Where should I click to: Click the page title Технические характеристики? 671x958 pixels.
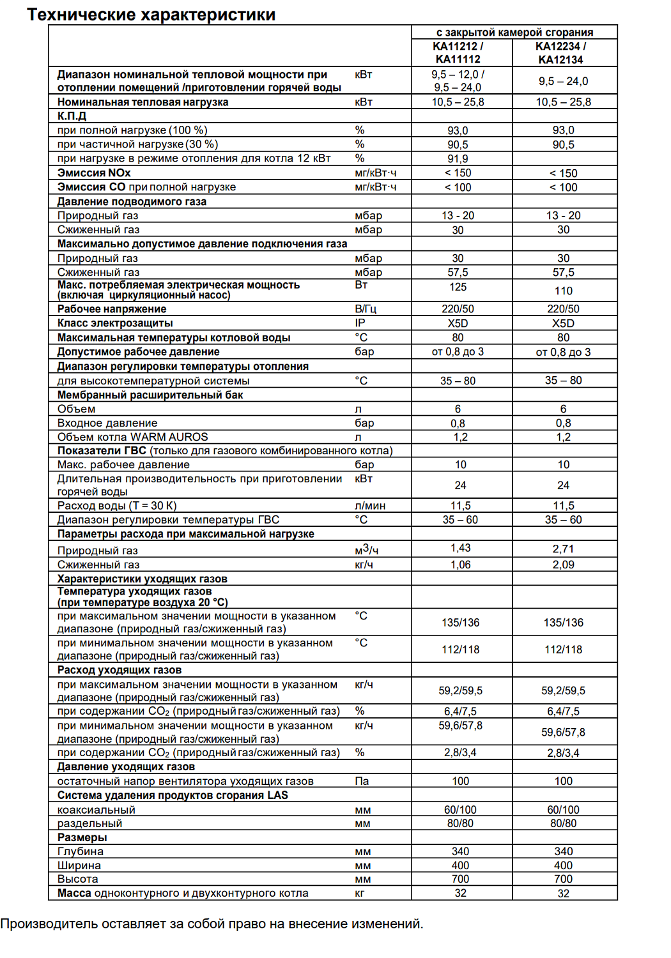point(151,15)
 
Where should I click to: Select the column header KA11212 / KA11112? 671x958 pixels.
point(458,52)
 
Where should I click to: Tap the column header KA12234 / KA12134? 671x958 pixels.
point(560,52)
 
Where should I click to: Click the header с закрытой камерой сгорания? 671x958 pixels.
point(514,32)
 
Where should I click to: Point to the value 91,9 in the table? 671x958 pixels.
point(458,158)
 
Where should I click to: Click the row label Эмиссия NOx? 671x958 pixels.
point(94,173)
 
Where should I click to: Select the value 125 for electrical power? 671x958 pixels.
point(458,287)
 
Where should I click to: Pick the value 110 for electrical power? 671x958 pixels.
point(563,291)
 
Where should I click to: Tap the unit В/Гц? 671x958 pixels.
point(366,309)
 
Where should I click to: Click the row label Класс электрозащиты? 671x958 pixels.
point(115,323)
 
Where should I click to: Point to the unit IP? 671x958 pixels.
point(360,323)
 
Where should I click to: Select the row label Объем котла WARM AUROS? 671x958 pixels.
point(133,437)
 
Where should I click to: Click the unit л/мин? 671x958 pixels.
point(370,506)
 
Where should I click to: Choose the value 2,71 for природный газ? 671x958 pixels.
point(563,549)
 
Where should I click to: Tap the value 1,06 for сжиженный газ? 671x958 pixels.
point(460,565)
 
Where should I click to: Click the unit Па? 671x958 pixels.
point(362,781)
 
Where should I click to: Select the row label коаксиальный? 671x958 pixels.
point(96,810)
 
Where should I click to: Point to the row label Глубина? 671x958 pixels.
point(81,851)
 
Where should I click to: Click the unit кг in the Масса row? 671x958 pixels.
point(360,893)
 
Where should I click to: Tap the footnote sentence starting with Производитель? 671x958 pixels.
point(212,924)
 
